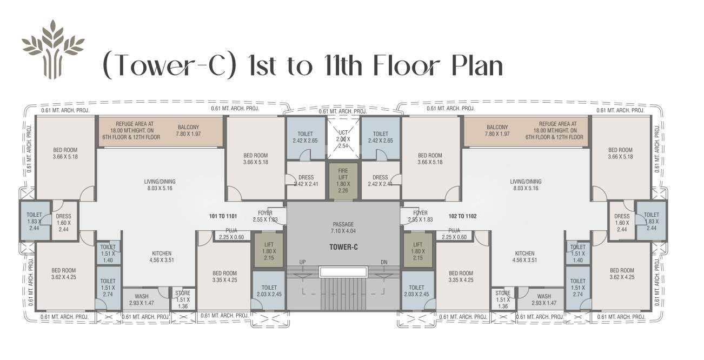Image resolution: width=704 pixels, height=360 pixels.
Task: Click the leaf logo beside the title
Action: [53, 49]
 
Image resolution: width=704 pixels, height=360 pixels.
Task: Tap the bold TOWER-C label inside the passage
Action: [343, 247]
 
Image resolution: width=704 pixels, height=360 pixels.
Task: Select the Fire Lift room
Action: [343, 180]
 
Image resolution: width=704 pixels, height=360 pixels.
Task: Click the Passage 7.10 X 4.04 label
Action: [343, 228]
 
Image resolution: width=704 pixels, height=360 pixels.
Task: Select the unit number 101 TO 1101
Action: [222, 216]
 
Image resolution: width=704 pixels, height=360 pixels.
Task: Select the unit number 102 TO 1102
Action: [462, 216]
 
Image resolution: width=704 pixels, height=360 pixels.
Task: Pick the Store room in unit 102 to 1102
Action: [502, 299]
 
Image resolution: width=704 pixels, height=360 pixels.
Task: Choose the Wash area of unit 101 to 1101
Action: [142, 299]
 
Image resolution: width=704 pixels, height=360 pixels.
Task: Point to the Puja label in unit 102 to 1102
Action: [453, 234]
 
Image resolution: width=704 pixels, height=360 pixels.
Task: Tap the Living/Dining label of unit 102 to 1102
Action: [525, 185]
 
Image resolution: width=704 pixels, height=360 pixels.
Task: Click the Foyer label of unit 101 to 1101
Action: [265, 216]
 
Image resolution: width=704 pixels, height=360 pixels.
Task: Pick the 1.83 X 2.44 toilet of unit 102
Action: [651, 221]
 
